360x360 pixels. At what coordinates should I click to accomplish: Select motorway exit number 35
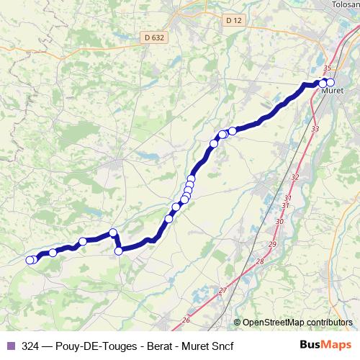click(x=328, y=67)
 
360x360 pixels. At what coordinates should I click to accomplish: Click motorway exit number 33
click(x=315, y=128)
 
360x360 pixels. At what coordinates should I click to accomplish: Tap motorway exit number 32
click(x=294, y=176)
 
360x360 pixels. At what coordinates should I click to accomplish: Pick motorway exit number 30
click(x=279, y=222)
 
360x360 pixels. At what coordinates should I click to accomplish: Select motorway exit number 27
click(x=222, y=290)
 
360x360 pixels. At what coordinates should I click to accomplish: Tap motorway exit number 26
click(x=186, y=320)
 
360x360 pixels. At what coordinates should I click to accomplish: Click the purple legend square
click(x=10, y=346)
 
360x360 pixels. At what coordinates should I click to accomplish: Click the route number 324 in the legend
click(x=31, y=346)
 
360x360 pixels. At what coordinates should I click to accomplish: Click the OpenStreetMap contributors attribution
click(x=296, y=322)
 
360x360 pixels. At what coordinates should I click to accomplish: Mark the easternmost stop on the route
click(x=330, y=83)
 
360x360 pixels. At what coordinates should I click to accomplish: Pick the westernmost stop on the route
click(x=30, y=261)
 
